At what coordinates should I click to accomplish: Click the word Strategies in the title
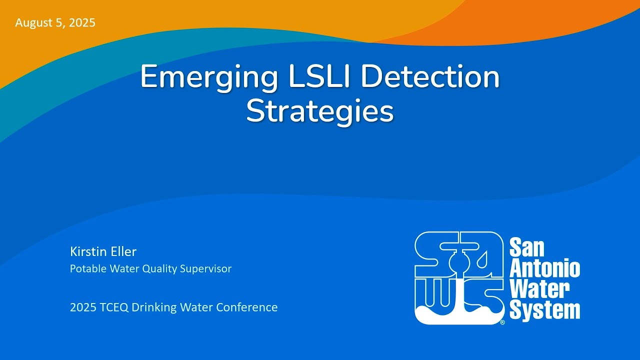320,112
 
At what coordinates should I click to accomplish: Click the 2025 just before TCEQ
80,307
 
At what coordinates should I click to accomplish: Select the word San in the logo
527,248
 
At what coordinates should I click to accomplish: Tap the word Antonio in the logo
544,268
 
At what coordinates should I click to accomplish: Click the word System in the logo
544,310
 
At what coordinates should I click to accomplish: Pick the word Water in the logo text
539,289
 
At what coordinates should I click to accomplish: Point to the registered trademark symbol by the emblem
502,322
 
